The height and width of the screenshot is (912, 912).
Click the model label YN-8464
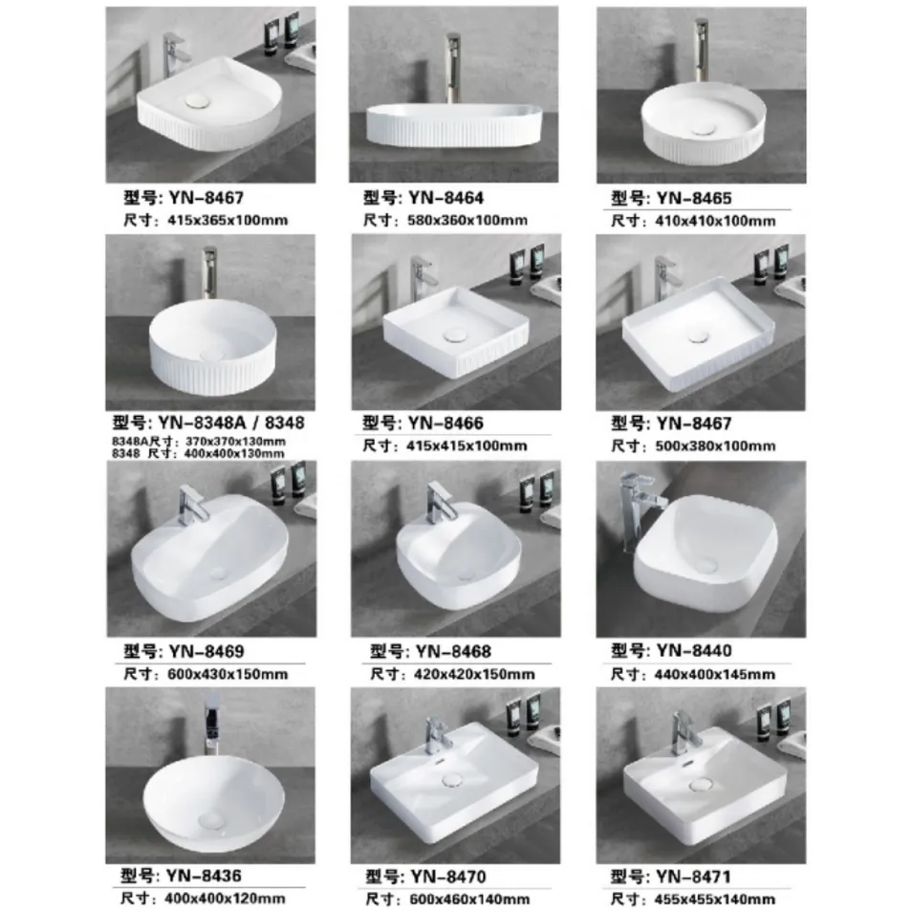423,199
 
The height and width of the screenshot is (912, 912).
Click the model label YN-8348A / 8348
208,423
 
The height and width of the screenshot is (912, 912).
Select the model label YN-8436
183,877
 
